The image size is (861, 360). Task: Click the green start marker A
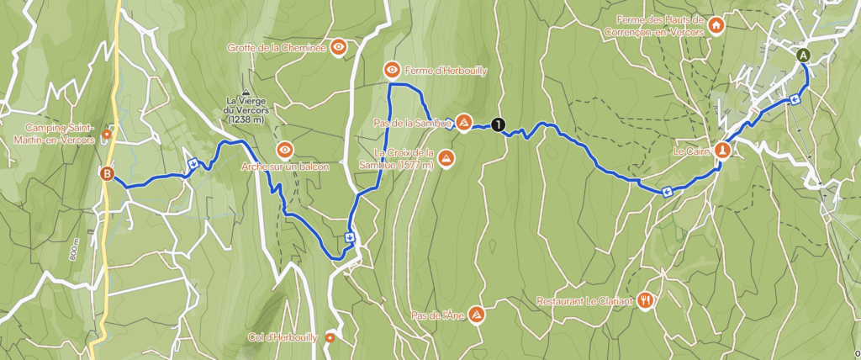(803, 56)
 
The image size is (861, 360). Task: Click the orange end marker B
(108, 174)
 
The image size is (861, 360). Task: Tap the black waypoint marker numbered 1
(499, 124)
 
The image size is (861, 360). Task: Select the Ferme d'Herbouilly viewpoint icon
(392, 69)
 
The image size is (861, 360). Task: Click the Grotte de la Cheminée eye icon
(338, 47)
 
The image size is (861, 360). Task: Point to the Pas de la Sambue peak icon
(463, 123)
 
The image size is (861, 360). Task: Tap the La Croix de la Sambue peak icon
(446, 158)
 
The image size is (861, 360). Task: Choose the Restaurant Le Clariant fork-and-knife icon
(645, 300)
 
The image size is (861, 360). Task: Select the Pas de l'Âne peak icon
(476, 315)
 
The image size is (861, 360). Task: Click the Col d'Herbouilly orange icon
(330, 338)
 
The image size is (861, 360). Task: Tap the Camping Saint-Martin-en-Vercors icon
(107, 133)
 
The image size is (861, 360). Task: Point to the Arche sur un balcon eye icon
(285, 150)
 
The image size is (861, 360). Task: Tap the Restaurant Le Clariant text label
(586, 301)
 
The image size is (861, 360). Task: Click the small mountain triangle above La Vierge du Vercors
(245, 93)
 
